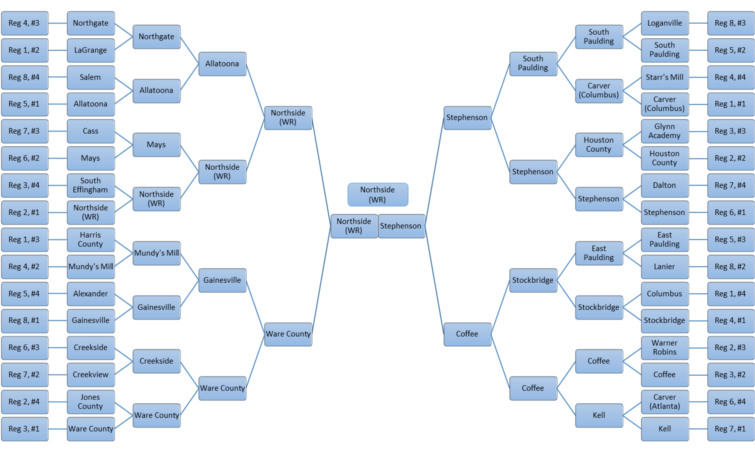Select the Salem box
(x=90, y=77)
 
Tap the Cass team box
(x=90, y=131)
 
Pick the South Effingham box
(x=90, y=185)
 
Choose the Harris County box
(x=90, y=239)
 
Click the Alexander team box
(x=90, y=294)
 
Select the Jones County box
(x=90, y=402)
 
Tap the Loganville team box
(x=665, y=23)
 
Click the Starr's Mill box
(x=665, y=77)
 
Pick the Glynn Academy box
(x=665, y=131)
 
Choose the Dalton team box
(x=665, y=185)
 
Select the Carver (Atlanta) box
(x=665, y=402)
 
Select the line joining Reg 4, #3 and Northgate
(x=58, y=23)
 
